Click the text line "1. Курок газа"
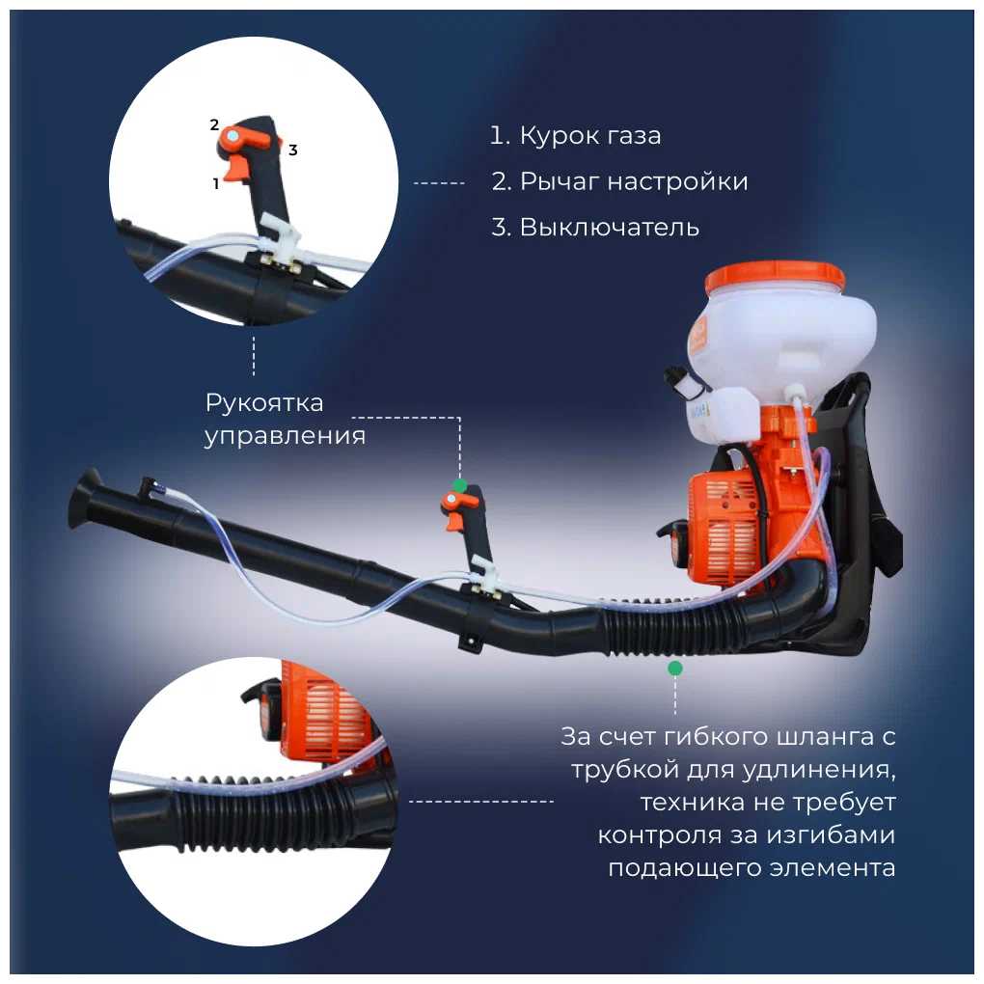click(x=575, y=136)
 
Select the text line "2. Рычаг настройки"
click(x=619, y=182)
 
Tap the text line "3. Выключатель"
click(x=595, y=227)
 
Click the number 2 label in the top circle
click(x=214, y=124)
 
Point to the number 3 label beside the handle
click(x=292, y=150)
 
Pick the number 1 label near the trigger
click(x=216, y=184)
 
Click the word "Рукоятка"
click(x=264, y=403)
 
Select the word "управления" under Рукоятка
click(x=285, y=436)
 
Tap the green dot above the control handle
click(x=460, y=485)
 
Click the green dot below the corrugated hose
click(x=675, y=669)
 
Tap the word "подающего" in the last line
click(x=692, y=868)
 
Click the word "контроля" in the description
click(x=659, y=835)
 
